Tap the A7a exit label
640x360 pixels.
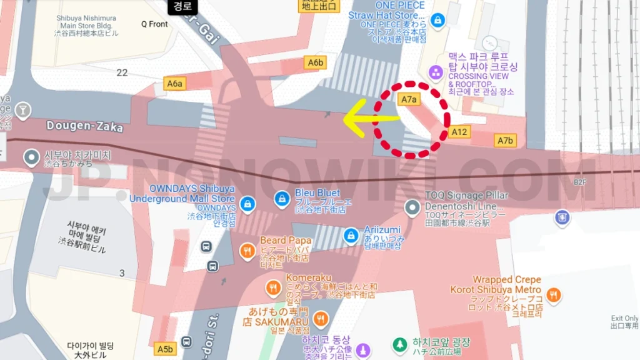coord(408,99)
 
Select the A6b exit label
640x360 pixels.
coord(316,62)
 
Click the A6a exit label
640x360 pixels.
coord(175,83)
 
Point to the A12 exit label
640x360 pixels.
coord(459,132)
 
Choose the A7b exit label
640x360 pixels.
coord(505,141)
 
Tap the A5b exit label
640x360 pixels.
coord(165,349)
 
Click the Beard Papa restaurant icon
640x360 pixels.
coord(247,252)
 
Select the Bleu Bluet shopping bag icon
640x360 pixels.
coord(282,199)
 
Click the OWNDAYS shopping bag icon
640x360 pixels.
coord(248,204)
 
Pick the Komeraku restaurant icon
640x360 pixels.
coord(273,288)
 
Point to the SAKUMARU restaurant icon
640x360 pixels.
coord(321,319)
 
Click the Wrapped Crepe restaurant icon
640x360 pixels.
coord(553,294)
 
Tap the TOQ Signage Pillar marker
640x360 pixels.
coord(411,206)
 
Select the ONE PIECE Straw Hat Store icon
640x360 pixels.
coord(437,20)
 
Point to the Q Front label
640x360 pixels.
coord(154,24)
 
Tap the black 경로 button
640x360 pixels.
coord(182,7)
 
